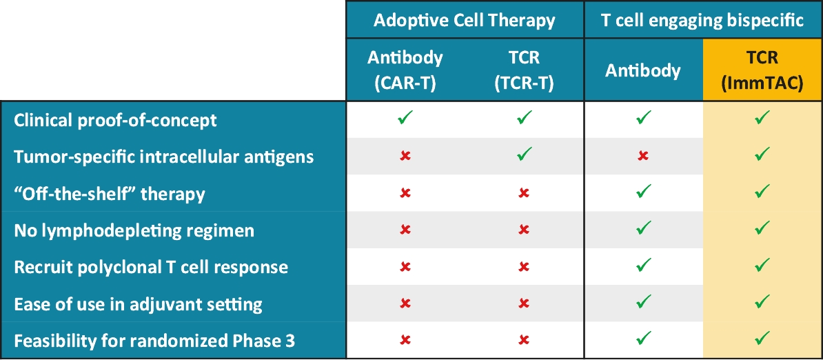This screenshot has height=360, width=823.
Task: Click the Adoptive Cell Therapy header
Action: (465, 20)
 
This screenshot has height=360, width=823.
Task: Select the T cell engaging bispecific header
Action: (703, 20)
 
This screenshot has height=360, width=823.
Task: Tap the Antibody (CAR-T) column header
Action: (405, 70)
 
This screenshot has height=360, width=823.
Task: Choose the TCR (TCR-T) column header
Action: (524, 70)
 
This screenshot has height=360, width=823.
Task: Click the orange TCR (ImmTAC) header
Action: (762, 70)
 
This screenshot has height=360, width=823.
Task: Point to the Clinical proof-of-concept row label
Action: (116, 120)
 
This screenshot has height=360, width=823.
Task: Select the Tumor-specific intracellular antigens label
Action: (164, 157)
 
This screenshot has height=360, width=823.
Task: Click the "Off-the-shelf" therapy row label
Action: (109, 194)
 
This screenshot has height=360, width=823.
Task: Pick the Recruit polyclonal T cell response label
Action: (151, 267)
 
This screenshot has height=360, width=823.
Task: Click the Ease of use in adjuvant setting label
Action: (138, 304)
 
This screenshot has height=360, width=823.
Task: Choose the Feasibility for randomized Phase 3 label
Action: (154, 341)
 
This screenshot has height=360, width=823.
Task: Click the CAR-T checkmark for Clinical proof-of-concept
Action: (405, 117)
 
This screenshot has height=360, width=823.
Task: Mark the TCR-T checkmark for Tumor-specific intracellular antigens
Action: (524, 154)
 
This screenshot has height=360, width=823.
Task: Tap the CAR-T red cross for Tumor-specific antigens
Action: (405, 157)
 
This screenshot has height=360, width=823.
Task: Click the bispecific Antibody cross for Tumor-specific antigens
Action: (643, 157)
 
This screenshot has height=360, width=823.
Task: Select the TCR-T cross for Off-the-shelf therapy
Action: (524, 193)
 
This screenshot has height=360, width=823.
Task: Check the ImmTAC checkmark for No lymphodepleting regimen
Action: (762, 227)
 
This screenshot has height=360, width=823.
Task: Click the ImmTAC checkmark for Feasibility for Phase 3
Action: (762, 337)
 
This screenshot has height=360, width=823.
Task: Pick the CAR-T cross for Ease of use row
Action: (405, 303)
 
